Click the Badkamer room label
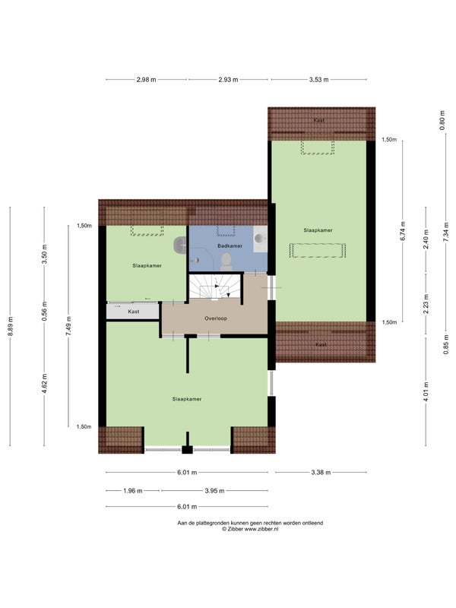point(230,245)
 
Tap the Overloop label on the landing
point(216,318)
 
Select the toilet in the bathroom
point(226,262)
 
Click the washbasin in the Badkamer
point(260,239)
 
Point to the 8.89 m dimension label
point(11,327)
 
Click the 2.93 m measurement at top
point(228,80)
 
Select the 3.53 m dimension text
point(318,80)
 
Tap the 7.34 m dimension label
point(446,232)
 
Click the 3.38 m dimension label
point(321,472)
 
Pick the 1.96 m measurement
point(133,490)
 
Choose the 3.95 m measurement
point(214,490)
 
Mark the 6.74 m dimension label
point(403,231)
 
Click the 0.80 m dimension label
point(442,120)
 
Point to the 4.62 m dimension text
point(45,384)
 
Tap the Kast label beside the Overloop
point(134,312)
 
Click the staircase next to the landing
point(215,287)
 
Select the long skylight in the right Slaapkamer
point(317,251)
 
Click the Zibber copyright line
point(250,528)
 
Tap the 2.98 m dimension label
point(146,80)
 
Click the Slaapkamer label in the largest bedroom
point(187,399)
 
